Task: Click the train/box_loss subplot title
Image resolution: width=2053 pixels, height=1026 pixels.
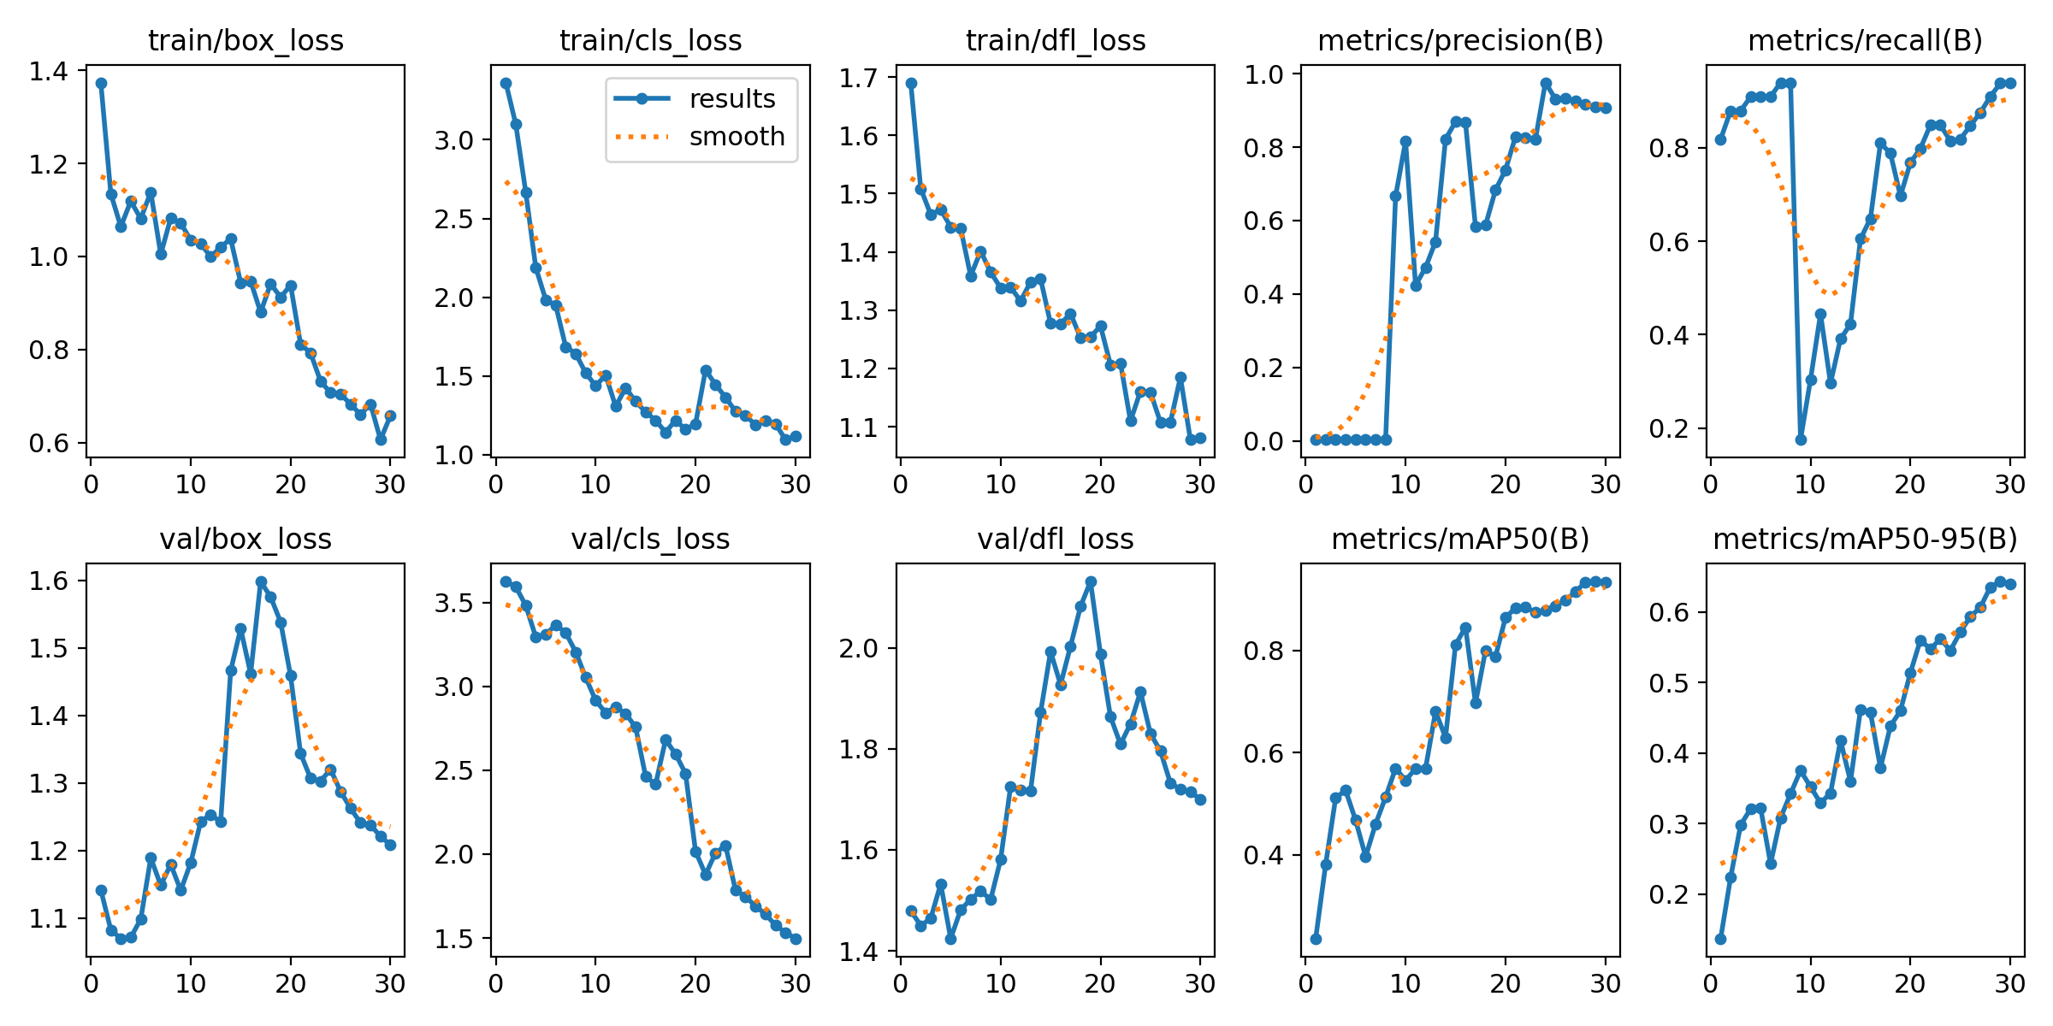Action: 246,40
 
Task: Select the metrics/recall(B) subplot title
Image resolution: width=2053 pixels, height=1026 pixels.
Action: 1865,40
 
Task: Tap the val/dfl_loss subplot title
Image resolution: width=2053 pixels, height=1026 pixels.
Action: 1056,539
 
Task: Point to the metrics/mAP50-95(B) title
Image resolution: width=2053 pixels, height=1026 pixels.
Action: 1865,539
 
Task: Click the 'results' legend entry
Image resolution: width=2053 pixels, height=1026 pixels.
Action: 732,98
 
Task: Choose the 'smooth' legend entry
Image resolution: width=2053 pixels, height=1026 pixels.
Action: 737,136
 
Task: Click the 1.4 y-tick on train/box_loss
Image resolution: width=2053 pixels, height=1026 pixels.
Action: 50,71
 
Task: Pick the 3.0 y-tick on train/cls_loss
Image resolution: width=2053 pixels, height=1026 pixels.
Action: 454,140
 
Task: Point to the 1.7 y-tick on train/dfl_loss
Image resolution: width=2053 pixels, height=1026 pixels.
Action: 859,78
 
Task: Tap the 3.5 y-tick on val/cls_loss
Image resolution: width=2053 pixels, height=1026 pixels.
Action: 454,603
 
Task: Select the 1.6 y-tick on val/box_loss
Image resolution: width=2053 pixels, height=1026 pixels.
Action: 50,581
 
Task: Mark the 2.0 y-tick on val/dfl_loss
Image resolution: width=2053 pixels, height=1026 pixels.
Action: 859,648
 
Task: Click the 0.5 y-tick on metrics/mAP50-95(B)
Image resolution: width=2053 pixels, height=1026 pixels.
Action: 1669,683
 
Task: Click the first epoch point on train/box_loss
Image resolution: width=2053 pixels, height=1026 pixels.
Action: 101,83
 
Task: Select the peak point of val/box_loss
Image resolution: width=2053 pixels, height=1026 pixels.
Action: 261,581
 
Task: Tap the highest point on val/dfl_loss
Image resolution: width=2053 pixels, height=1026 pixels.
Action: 1091,581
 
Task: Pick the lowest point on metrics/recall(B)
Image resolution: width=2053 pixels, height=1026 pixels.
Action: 1801,439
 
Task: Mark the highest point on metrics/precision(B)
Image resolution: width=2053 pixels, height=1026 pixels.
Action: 1546,84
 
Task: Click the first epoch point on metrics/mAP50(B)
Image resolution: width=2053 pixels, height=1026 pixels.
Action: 1316,939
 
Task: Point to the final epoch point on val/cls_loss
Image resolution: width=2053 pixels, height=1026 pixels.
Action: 796,939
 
